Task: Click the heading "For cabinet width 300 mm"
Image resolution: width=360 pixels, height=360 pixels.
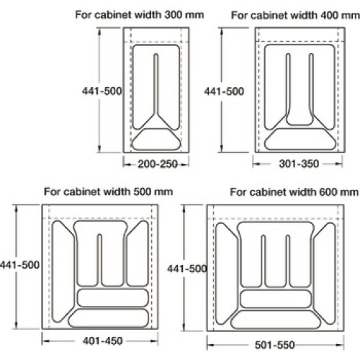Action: (x=140, y=15)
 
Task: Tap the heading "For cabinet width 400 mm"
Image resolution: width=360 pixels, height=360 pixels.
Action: (x=295, y=15)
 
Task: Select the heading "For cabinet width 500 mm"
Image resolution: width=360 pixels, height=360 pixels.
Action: (x=108, y=192)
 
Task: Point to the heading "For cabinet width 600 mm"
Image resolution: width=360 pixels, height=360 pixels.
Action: (x=294, y=192)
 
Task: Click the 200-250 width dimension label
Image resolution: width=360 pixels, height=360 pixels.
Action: (x=158, y=164)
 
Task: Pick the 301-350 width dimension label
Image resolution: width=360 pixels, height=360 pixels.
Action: (x=299, y=164)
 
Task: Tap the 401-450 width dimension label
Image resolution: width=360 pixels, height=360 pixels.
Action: (x=103, y=341)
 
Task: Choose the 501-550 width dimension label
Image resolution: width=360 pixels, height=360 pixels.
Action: (x=274, y=345)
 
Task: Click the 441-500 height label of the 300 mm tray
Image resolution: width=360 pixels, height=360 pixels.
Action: (x=102, y=91)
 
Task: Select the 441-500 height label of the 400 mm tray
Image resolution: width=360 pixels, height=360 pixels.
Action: (x=224, y=91)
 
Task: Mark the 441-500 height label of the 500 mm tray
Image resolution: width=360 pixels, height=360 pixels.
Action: (x=19, y=265)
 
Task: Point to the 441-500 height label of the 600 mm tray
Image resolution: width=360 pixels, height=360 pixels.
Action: (x=187, y=269)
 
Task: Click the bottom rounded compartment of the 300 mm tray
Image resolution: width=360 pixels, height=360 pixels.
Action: (x=156, y=140)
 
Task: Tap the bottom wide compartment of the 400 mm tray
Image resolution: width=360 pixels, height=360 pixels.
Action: (x=300, y=139)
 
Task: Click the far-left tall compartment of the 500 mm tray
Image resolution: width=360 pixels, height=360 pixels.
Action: (x=63, y=271)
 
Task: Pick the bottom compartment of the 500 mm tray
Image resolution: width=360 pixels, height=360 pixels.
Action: (x=109, y=318)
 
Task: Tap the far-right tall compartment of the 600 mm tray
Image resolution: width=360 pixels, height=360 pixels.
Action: (x=325, y=274)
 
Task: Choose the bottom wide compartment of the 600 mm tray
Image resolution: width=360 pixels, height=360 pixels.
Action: (x=275, y=320)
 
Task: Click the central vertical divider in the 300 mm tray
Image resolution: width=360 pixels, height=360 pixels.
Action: (x=156, y=84)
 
